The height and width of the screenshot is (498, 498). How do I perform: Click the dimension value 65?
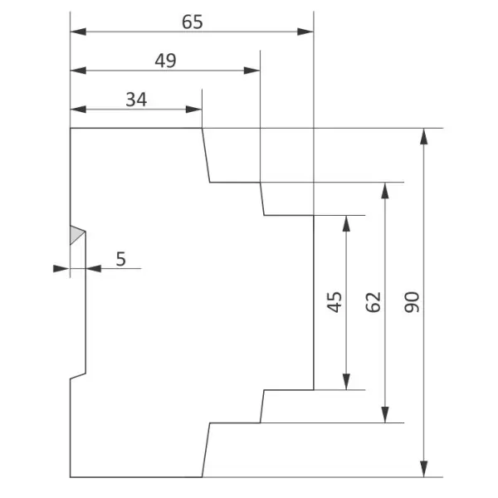[193, 22]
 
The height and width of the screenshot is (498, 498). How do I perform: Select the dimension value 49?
[165, 61]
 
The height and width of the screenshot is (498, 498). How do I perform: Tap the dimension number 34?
[136, 100]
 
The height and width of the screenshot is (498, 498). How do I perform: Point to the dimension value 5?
[120, 259]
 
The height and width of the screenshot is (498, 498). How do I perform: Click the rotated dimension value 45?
[334, 302]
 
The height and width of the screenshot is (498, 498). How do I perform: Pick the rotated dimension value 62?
[373, 302]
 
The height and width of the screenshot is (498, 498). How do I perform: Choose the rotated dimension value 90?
[412, 302]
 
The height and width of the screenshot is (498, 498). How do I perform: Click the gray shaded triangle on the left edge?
[76, 235]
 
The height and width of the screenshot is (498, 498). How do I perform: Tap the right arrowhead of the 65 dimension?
[305, 32]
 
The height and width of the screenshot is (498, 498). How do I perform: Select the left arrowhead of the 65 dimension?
[78, 32]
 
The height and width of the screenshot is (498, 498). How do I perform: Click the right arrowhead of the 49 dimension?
[251, 71]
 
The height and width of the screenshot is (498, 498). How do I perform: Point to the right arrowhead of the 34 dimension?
[193, 110]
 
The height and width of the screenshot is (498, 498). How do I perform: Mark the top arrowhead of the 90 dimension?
[423, 137]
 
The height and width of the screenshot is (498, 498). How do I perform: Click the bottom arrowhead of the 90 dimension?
[423, 469]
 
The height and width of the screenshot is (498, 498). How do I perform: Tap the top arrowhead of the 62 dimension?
[385, 191]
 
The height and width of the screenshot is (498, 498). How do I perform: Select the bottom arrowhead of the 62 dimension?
[385, 414]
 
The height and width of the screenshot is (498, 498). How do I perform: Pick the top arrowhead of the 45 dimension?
[346, 223]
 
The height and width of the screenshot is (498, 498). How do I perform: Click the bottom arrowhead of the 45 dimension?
[346, 382]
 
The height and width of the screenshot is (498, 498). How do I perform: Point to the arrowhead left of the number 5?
[94, 269]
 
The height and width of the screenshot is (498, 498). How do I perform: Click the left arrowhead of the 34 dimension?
[78, 110]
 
